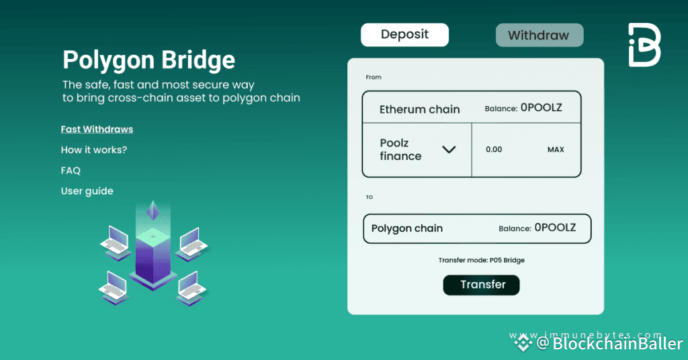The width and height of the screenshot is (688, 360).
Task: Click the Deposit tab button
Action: tap(404, 35)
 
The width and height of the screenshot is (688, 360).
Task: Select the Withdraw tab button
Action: tap(539, 36)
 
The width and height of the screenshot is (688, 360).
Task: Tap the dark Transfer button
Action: tap(481, 285)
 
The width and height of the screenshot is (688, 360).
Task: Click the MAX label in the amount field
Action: tap(556, 149)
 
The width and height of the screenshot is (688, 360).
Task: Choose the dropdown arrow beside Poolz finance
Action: tap(449, 149)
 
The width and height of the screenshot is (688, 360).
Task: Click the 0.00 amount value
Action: tap(494, 149)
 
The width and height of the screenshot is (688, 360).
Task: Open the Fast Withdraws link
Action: tap(97, 129)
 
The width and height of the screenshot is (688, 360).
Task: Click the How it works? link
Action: tap(94, 150)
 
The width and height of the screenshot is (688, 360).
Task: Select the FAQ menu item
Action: tap(71, 171)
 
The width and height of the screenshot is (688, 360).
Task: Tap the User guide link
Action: tap(87, 191)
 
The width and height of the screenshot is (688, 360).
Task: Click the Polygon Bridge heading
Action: tap(148, 60)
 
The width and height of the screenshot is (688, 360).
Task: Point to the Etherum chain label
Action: tap(419, 109)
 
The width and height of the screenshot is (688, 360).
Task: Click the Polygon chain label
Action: tap(406, 228)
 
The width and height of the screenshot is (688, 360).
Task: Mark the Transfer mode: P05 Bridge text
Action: tap(481, 260)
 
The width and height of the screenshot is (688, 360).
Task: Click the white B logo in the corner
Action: tap(644, 45)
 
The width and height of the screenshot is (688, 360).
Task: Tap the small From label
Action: tap(374, 77)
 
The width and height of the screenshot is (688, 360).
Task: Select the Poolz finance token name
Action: tap(400, 149)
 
